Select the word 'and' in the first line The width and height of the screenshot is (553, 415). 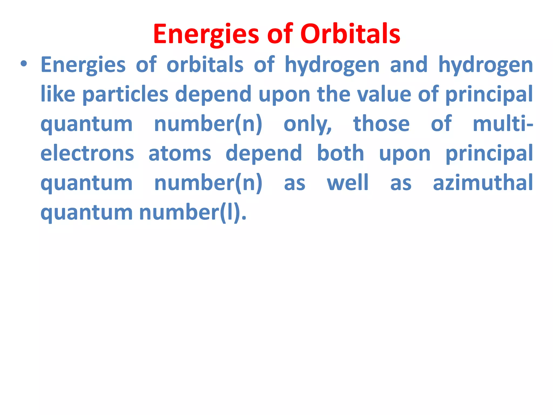pos(409,65)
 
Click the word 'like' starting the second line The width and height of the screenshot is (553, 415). pos(58,94)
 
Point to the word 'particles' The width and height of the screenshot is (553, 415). pos(125,94)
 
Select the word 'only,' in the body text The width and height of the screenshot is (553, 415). pos(308,124)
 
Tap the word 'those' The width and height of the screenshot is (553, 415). pos(381,123)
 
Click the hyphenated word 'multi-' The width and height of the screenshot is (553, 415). pos(503,123)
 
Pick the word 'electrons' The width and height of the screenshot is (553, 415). pos(87,153)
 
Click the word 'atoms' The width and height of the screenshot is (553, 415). pos(180,153)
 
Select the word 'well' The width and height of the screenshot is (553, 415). pos(348,183)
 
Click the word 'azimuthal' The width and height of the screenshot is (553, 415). pos(483,183)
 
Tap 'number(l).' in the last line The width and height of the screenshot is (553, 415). pos(193,212)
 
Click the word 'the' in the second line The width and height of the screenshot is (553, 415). pos(333,94)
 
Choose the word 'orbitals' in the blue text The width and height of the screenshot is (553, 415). pos(205,65)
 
